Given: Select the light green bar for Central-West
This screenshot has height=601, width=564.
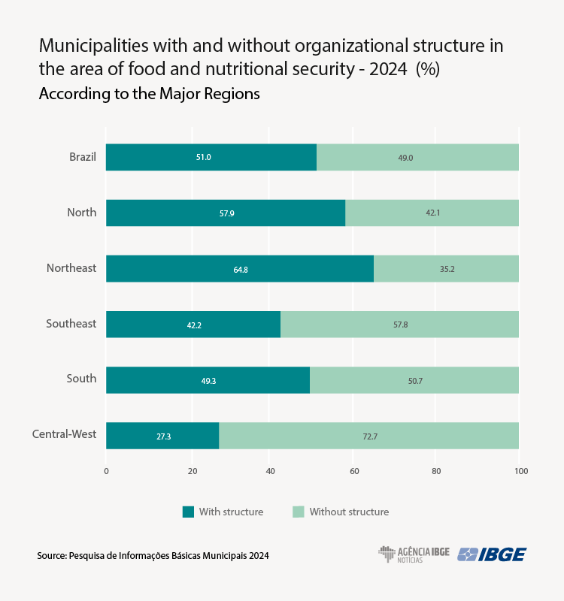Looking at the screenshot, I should [368, 436].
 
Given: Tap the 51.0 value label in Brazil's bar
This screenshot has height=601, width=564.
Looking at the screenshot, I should [204, 158].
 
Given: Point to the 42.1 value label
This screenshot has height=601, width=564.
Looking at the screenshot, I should [432, 213].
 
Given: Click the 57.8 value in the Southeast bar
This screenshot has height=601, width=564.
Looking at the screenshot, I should [399, 325].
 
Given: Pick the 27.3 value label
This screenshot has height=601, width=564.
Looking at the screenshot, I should [163, 436].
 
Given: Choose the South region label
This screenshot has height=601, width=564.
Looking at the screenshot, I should [81, 379].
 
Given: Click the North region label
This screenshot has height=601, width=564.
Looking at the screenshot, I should [81, 213].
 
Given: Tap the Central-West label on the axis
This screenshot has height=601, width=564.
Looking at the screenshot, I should [64, 434].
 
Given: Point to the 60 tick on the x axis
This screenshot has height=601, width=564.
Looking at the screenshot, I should [353, 471].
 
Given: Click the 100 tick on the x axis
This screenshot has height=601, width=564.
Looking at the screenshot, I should [521, 471].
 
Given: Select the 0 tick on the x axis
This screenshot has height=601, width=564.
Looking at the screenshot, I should [106, 471].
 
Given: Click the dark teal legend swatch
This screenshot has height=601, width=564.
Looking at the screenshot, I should [188, 512].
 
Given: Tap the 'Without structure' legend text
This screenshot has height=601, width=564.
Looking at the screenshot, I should [349, 512].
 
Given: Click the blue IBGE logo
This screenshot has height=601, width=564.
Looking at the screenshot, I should [492, 554].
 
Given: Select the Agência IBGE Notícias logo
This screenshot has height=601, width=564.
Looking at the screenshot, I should [414, 554].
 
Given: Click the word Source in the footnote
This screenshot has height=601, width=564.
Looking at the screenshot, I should [50, 556].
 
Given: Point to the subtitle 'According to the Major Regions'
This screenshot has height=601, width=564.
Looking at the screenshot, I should [149, 94].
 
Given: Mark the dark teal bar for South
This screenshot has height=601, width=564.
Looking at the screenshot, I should [208, 380].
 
